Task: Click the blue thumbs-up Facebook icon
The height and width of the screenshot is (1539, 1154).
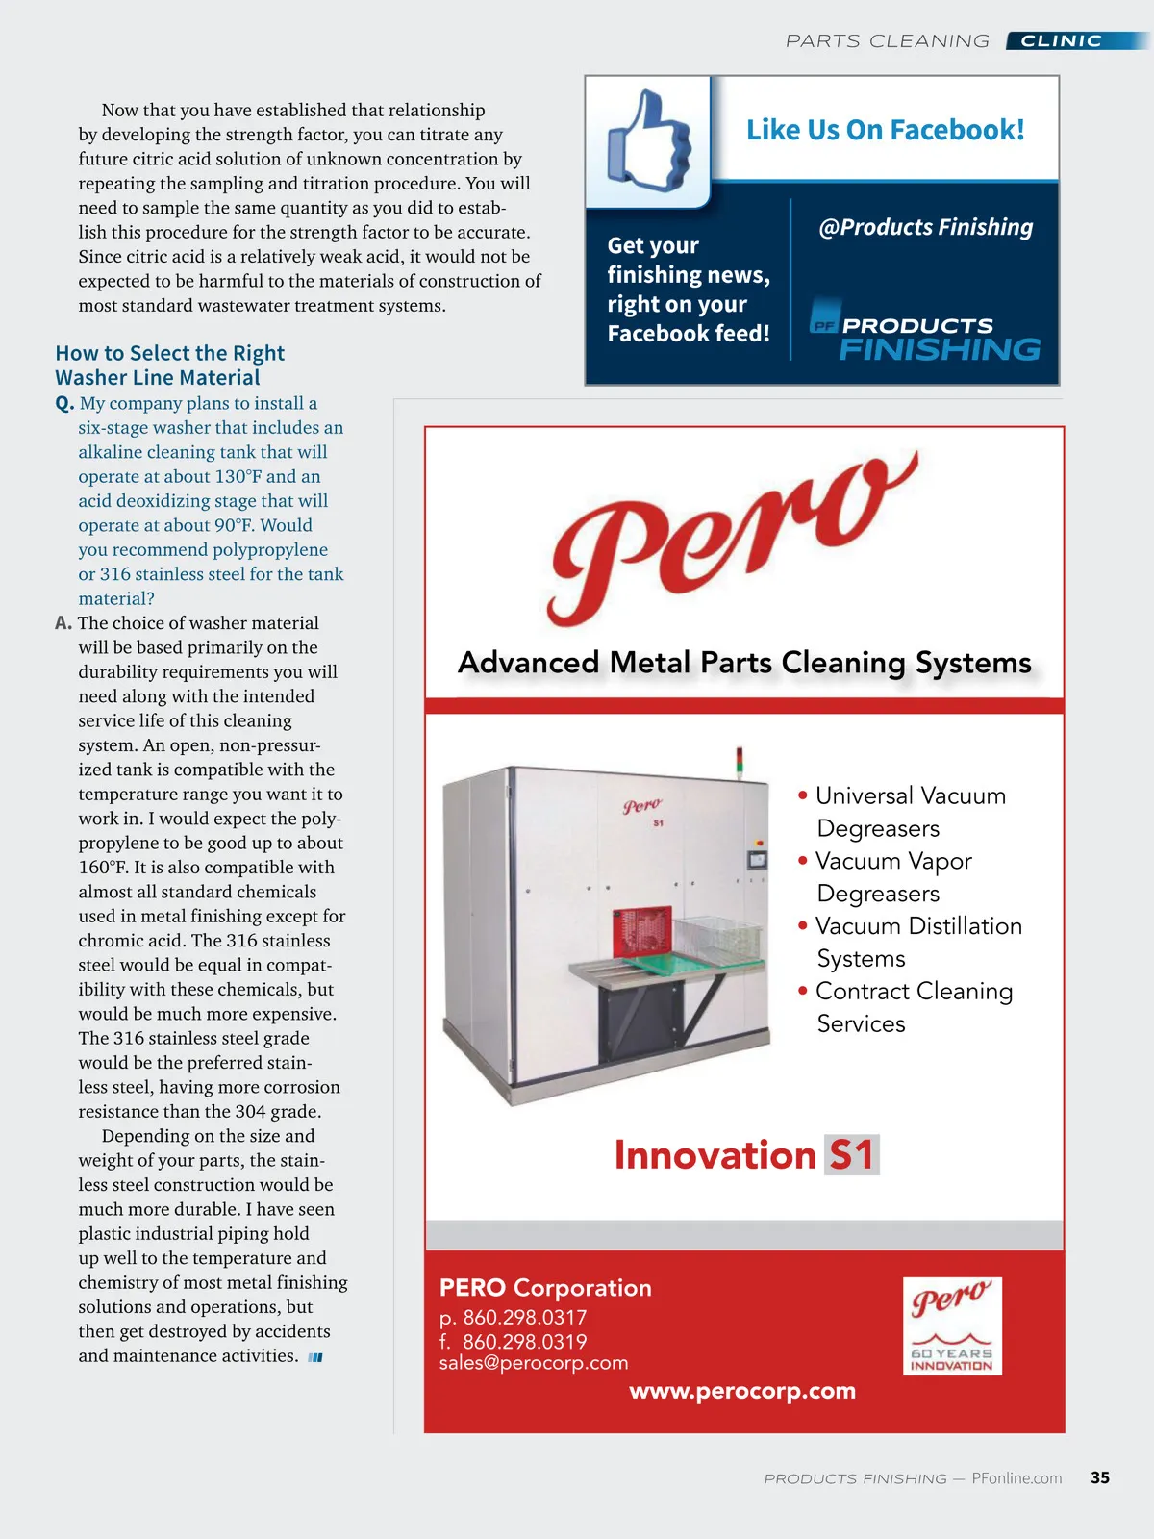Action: click(x=649, y=141)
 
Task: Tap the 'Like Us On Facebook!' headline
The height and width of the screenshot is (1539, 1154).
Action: click(x=885, y=130)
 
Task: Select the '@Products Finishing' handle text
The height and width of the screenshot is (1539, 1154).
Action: click(x=925, y=227)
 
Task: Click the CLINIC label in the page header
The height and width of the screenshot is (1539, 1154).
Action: click(x=1061, y=41)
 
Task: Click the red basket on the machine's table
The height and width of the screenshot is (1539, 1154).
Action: click(x=641, y=932)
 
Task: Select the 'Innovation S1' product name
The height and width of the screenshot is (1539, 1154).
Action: click(x=745, y=1155)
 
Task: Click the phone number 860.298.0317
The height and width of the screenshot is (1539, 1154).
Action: click(x=524, y=1317)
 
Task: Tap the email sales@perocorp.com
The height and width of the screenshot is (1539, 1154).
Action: click(x=534, y=1363)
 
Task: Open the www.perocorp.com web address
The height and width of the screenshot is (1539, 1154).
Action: click(x=742, y=1391)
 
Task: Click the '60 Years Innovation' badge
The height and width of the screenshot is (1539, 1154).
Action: click(x=952, y=1325)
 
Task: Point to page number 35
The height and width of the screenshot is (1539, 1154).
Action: click(x=1100, y=1477)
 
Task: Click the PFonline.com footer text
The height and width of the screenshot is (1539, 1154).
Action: click(x=1016, y=1478)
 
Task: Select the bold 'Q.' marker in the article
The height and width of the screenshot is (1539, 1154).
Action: click(x=64, y=404)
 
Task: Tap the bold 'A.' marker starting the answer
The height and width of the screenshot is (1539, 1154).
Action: click(x=63, y=623)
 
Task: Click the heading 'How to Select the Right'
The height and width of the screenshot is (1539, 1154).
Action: click(x=169, y=353)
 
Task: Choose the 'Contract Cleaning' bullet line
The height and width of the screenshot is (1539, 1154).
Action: click(x=914, y=992)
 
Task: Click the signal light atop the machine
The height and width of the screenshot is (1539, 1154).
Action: click(x=739, y=757)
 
